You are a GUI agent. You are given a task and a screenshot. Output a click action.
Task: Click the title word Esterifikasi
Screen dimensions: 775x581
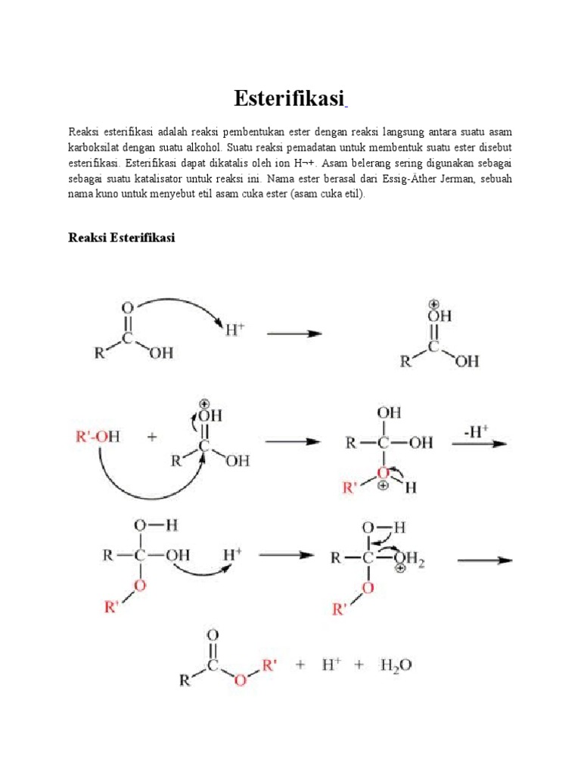click(290, 98)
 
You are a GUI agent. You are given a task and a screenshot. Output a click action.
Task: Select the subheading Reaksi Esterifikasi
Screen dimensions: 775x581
click(121, 238)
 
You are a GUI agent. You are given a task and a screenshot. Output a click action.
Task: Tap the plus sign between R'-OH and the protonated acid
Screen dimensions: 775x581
click(151, 437)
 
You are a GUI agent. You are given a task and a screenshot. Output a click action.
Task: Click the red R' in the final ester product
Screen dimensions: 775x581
click(270, 665)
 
